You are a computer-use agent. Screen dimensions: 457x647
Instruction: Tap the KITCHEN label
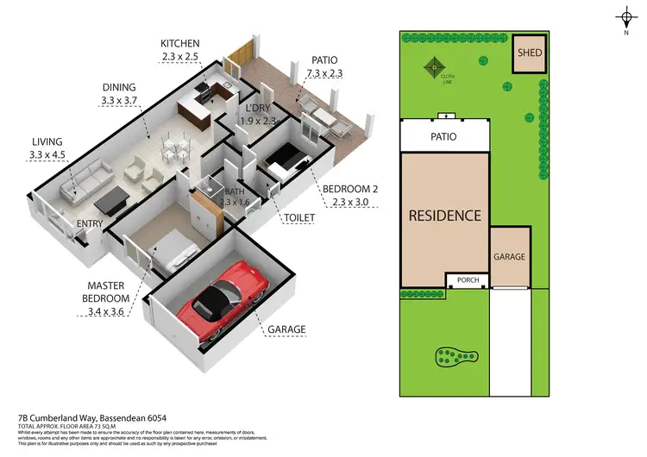[179, 43]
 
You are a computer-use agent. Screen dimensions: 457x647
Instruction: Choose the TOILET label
[298, 218]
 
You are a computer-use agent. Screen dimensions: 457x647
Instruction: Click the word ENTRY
[89, 224]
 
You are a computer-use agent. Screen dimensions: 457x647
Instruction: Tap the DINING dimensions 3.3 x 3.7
[120, 101]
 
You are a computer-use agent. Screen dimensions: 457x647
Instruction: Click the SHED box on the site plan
[528, 53]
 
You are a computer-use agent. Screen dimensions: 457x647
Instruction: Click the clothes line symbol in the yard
[436, 67]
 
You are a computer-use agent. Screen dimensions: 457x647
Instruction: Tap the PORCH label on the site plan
[467, 280]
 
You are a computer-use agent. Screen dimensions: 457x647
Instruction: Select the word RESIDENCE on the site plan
[444, 216]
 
